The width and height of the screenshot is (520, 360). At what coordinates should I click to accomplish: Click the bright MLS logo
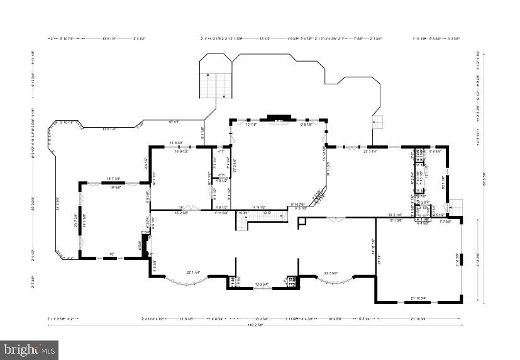pos(30,347)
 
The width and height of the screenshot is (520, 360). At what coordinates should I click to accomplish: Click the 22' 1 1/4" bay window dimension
pos(193,272)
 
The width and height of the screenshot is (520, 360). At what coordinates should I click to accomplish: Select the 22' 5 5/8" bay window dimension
pos(331,272)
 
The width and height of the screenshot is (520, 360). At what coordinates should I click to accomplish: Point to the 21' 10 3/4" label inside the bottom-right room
pos(418,298)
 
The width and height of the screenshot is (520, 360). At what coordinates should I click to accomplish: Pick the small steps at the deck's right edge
pos(378,121)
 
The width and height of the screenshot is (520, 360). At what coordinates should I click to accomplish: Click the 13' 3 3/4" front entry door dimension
pos(262,284)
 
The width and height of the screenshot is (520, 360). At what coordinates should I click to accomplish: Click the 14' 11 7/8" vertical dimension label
pos(373,245)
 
